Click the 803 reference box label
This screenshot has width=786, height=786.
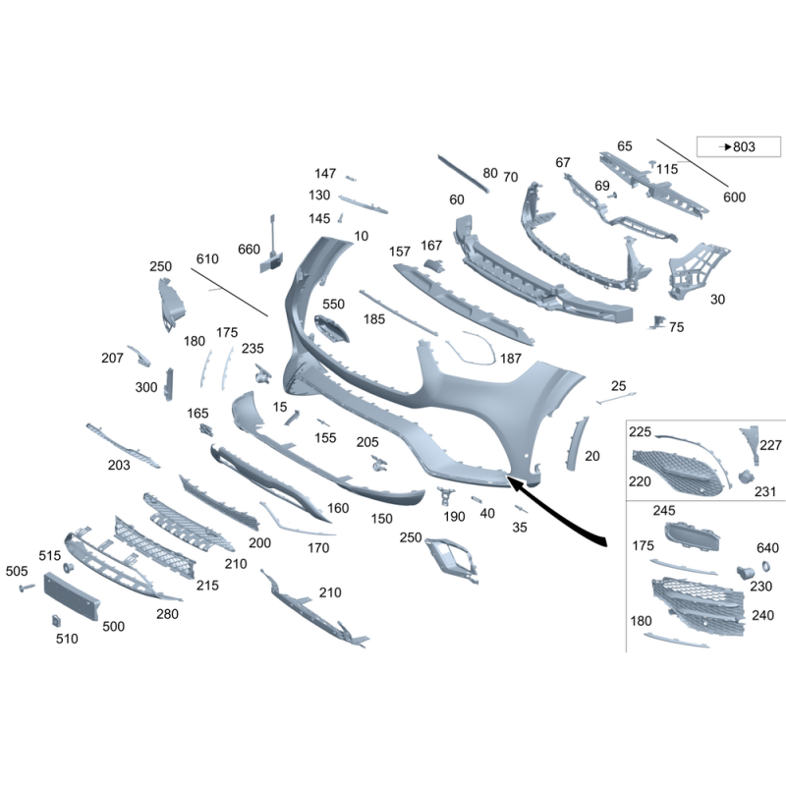738,146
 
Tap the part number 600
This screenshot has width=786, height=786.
734,197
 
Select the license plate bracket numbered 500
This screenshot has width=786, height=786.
72,595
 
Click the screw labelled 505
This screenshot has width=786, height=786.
27,587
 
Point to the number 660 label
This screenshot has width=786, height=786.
249,250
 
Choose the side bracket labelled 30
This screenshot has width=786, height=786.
698,270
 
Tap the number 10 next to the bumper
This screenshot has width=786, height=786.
361,236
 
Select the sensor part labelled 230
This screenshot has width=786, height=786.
746,572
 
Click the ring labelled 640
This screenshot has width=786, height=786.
766,567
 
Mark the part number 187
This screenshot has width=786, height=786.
510,359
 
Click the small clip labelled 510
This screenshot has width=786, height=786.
56,621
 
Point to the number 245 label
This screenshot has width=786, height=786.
664,510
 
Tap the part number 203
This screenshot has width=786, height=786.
119,465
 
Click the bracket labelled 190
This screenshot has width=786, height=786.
446,495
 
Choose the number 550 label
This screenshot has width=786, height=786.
333,304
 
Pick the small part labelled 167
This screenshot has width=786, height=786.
434,265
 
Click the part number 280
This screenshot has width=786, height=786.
167,614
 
